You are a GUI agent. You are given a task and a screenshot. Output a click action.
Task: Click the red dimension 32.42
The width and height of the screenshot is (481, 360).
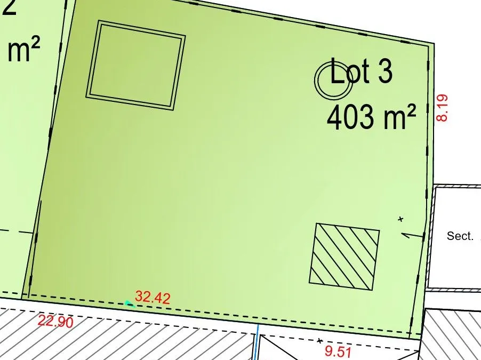[153, 297]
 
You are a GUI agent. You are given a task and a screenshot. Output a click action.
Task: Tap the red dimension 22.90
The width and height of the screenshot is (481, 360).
[55, 321]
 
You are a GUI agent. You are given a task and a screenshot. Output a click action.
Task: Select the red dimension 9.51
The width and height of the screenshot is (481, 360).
[338, 351]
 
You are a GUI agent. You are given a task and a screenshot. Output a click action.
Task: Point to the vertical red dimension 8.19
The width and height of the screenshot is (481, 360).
[442, 108]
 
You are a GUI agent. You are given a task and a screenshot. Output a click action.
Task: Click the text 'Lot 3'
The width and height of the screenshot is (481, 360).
[361, 71]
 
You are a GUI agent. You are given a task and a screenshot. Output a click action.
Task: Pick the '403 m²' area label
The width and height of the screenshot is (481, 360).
[371, 117]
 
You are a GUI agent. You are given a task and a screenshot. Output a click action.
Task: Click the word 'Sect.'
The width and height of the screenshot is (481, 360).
[460, 236]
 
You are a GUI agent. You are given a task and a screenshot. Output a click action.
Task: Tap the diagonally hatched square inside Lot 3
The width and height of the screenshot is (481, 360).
[344, 257]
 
